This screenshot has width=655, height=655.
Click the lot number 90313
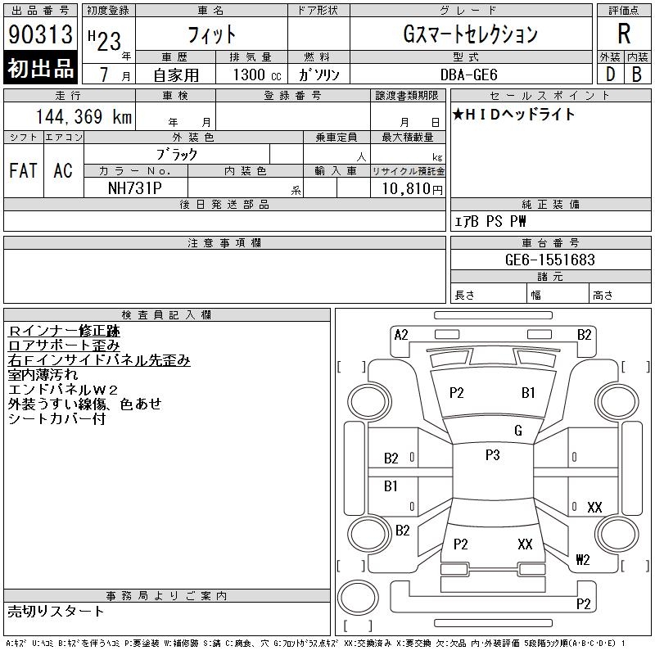click(40, 34)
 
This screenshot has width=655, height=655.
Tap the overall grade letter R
click(624, 34)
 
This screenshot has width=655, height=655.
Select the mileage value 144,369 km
click(84, 116)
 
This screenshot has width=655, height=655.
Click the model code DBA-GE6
click(468, 75)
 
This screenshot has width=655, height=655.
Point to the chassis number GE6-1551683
click(549, 260)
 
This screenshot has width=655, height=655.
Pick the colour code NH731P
click(134, 188)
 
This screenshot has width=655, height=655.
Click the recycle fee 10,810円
click(413, 189)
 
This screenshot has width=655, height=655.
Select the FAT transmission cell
click(24, 170)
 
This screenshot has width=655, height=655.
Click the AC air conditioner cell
click(63, 170)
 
